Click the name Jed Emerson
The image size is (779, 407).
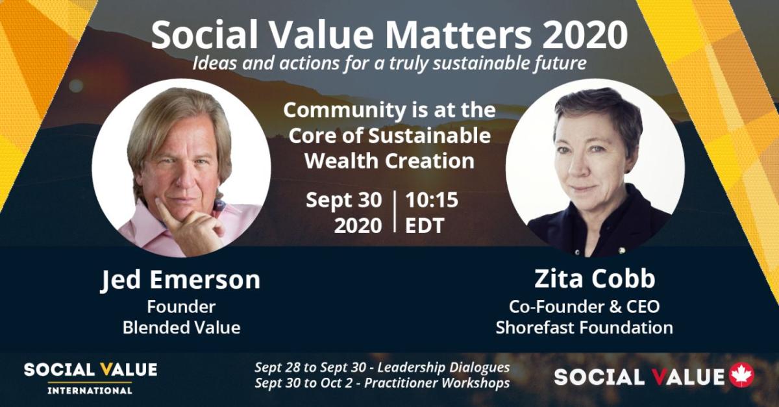(181, 280)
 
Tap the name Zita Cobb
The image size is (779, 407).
(595, 278)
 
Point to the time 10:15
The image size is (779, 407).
(432, 200)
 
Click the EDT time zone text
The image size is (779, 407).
(425, 225)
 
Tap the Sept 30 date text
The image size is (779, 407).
(344, 201)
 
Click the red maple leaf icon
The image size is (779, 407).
(742, 375)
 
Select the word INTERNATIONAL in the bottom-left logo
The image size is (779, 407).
(90, 390)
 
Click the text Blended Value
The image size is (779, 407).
(182, 328)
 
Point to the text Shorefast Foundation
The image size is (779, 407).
(584, 328)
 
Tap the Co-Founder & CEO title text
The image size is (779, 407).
(584, 306)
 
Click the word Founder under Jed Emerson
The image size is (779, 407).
(181, 306)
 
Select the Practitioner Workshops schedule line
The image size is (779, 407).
(382, 383)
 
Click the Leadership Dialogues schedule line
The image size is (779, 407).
(382, 367)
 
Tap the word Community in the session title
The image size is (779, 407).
(344, 110)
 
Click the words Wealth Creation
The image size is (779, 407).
(389, 161)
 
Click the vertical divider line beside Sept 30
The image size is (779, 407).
(395, 211)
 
